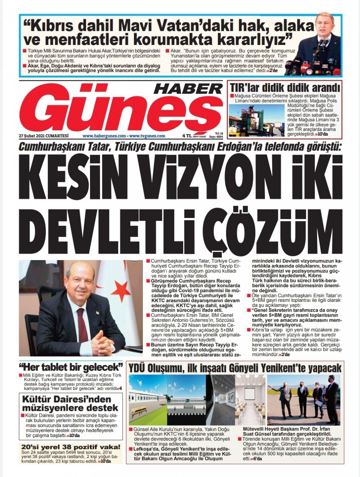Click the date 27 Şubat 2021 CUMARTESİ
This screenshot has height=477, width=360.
pos(44,136)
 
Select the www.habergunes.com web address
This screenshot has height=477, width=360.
pos(104,136)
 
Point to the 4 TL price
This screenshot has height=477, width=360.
pos(187,136)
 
